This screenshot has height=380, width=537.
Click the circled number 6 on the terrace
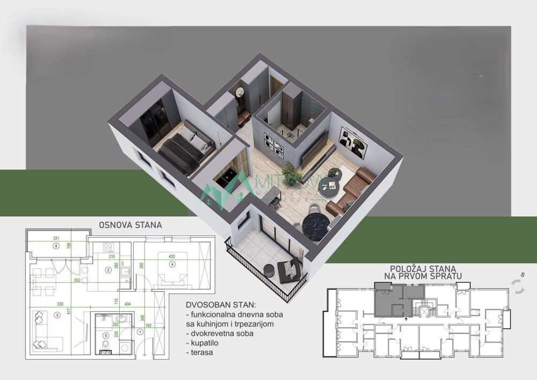coord(56,246)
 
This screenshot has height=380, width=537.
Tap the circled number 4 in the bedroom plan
coord(172,264)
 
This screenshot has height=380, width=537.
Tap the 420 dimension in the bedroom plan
coord(172,256)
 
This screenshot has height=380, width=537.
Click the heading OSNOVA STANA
coord(130,225)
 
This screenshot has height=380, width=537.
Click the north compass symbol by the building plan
coord(519,286)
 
